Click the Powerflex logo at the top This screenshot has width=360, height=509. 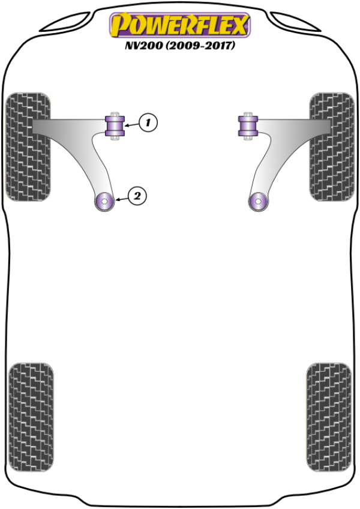tap(179, 25)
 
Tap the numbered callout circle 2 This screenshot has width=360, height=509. tap(137, 195)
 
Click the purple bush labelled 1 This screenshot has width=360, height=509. tap(115, 125)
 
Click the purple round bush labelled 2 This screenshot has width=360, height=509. tap(105, 201)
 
